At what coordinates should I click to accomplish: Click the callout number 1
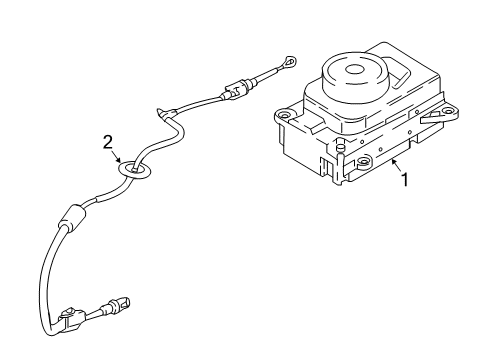click(x=404, y=182)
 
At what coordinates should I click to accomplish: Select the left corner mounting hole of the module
click(x=283, y=116)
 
